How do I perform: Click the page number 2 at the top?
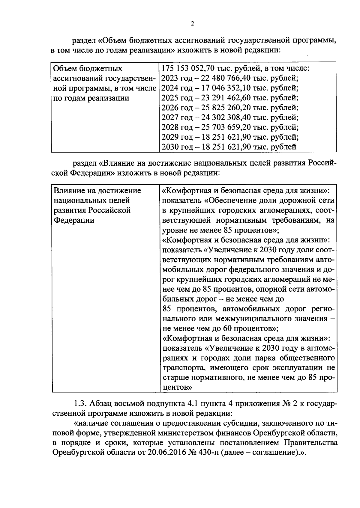click(x=192, y=24)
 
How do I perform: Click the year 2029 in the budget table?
click(x=169, y=137)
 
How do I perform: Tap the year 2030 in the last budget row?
click(x=169, y=147)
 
